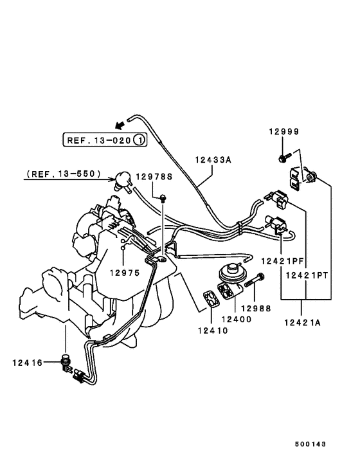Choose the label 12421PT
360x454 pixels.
point(307,275)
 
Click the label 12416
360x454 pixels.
point(26,363)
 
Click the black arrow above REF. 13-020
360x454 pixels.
point(118,124)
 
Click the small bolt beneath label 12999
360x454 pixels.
point(283,158)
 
